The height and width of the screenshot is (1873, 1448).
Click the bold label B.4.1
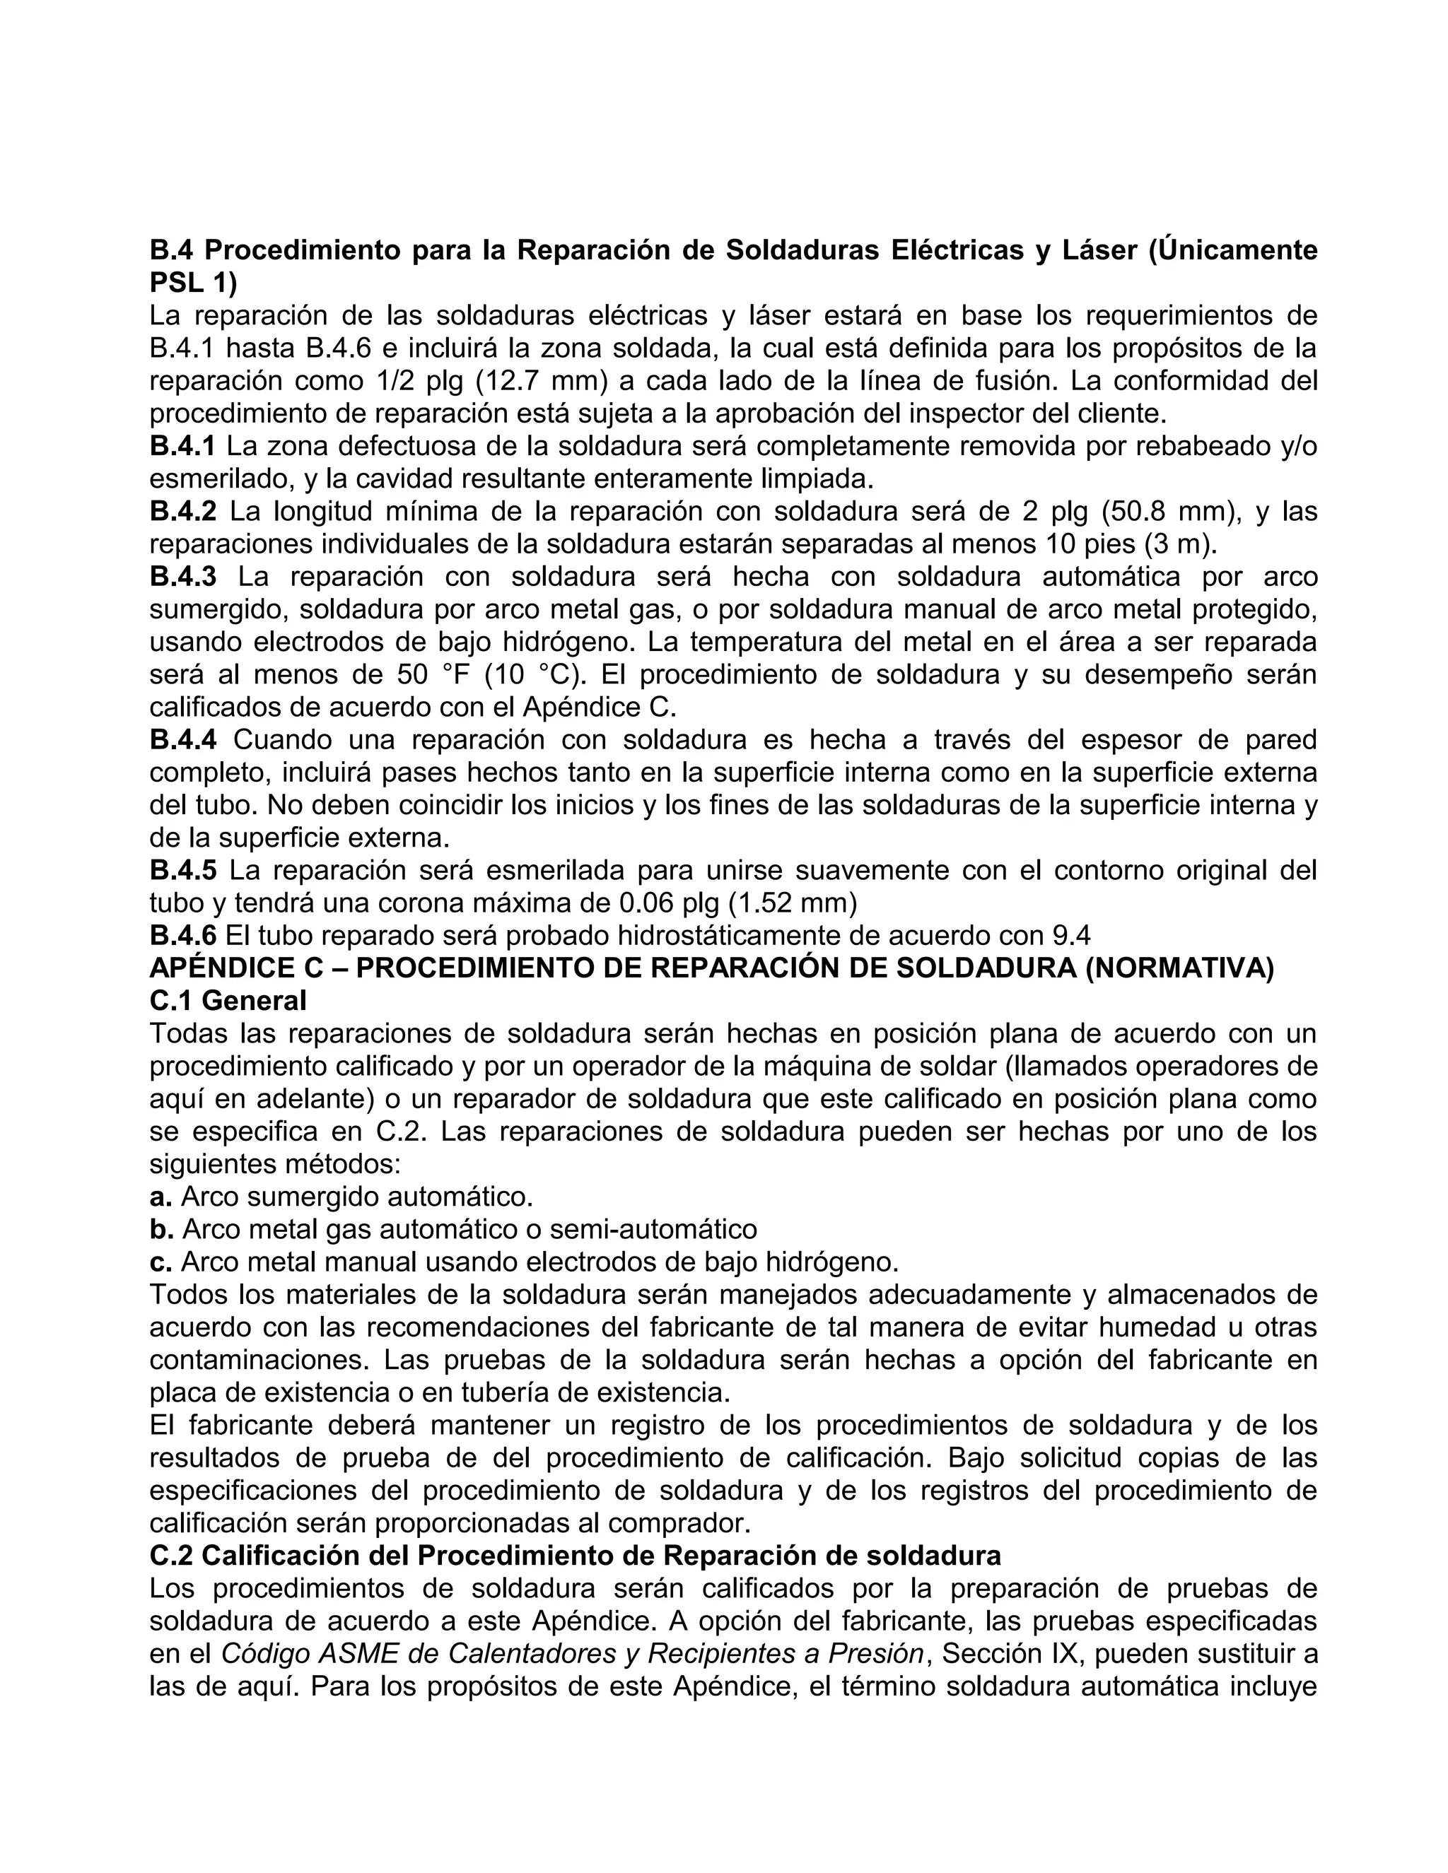tap(182, 446)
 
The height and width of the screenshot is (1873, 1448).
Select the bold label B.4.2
tap(182, 512)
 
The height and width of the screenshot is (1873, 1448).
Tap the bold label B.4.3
tap(182, 577)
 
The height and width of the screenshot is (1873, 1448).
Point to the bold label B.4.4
tap(182, 740)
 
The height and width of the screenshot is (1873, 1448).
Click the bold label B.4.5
tap(182, 871)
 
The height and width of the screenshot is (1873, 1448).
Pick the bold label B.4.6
tap(182, 936)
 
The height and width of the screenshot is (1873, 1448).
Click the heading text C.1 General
tap(228, 1001)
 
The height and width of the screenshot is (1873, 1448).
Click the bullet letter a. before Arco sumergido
tap(160, 1197)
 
